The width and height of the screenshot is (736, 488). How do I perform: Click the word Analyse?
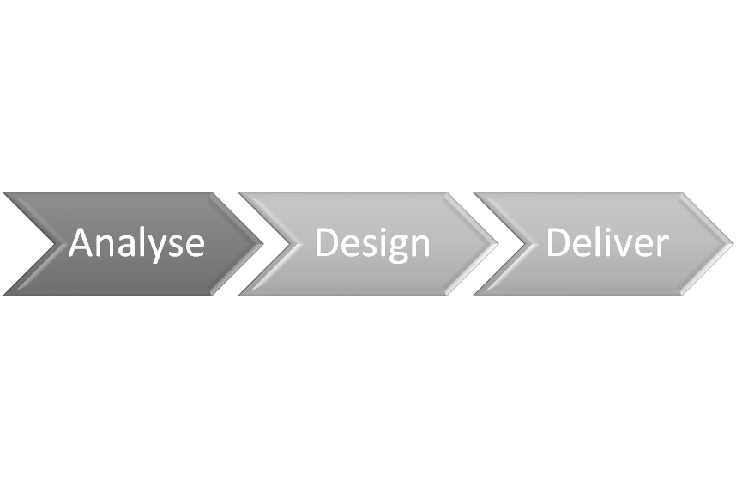(136, 243)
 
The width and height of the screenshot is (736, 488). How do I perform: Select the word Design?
(372, 243)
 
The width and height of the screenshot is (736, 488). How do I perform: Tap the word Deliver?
(607, 241)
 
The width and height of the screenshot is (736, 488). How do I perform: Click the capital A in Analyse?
(82, 241)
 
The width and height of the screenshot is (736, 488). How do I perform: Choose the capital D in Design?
(327, 242)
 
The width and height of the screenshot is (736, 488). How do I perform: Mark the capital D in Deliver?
(559, 242)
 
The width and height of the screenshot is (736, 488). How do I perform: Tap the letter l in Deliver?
(606, 241)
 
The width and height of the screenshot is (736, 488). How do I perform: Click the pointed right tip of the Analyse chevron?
(263, 244)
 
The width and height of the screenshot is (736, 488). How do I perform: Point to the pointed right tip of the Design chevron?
(498, 244)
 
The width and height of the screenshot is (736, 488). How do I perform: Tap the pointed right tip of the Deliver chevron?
(733, 244)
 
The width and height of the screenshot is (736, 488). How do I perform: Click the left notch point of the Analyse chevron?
(55, 244)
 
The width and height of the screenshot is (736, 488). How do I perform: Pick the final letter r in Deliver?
(662, 246)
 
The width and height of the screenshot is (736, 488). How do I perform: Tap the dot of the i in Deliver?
(612, 230)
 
